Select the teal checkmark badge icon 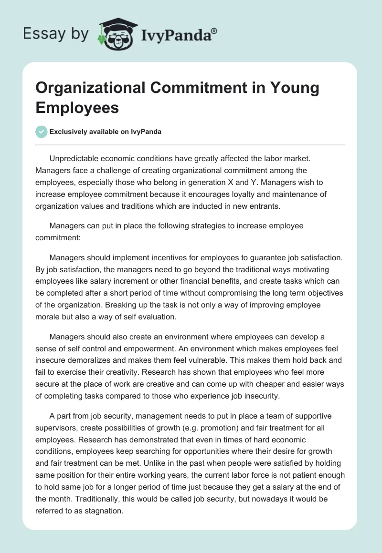tap(42, 132)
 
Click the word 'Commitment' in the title tap(187, 88)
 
